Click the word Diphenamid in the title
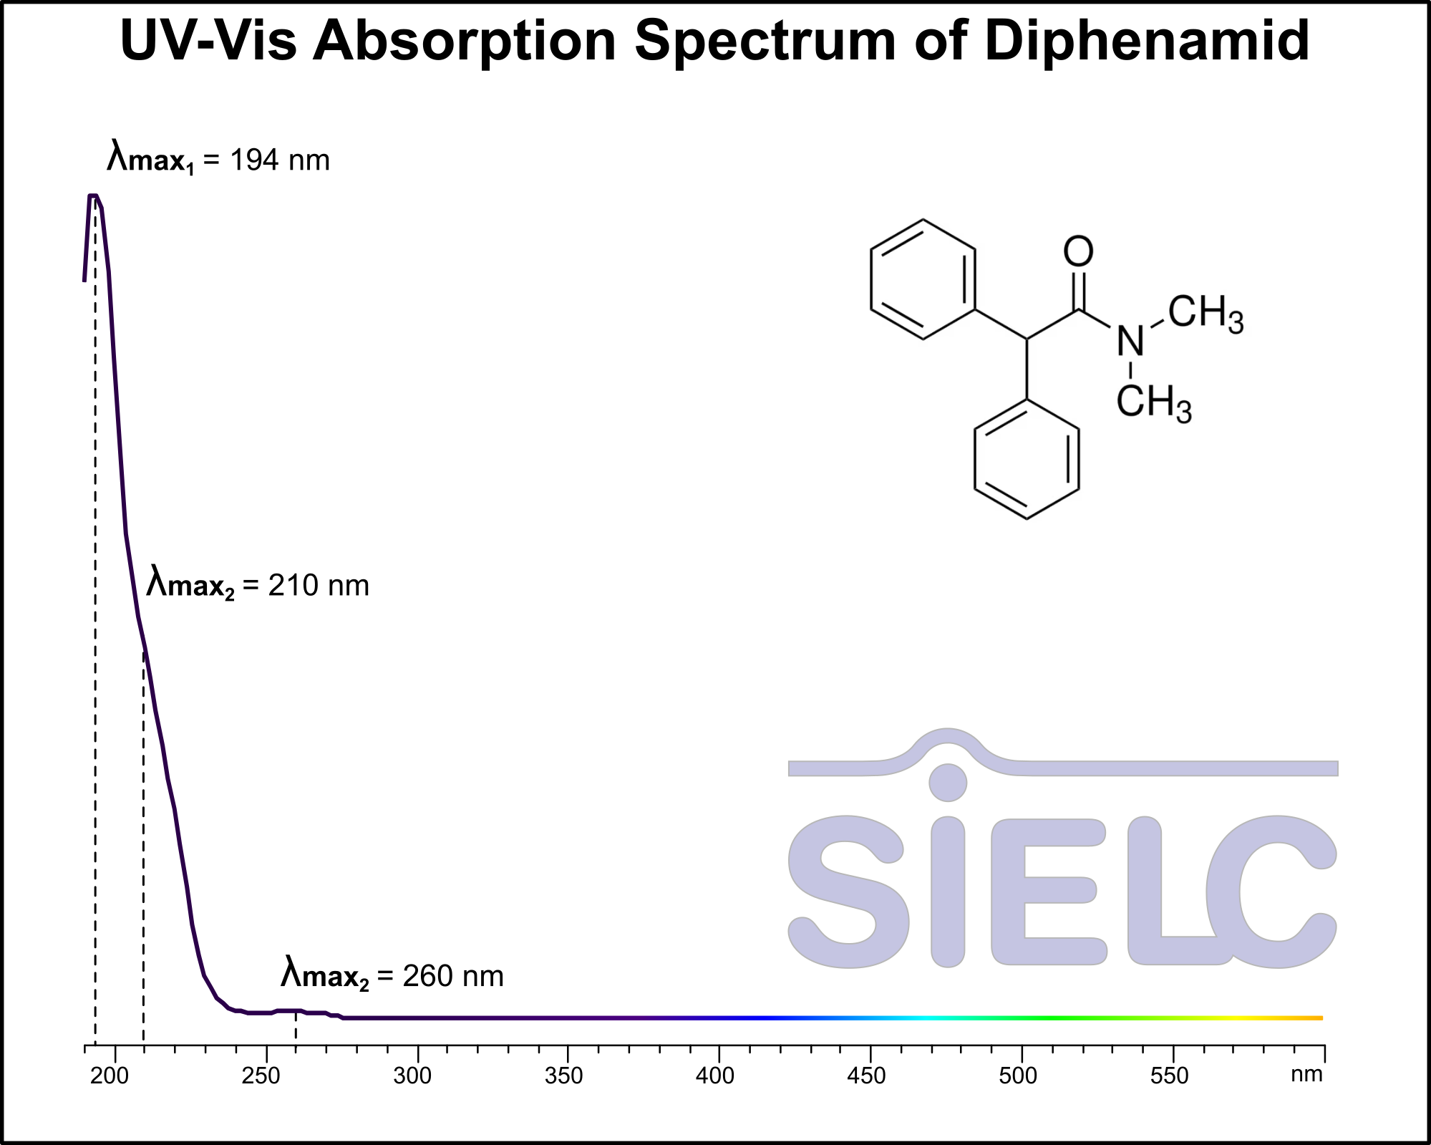[x=1147, y=40]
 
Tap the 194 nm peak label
[x=218, y=160]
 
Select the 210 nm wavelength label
[x=258, y=586]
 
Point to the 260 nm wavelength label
[x=392, y=976]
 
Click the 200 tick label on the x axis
[x=110, y=1076]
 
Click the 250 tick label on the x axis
[x=261, y=1076]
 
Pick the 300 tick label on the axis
[x=412, y=1076]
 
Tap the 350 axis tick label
[x=564, y=1076]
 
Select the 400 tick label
[x=715, y=1076]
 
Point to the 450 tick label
[x=866, y=1076]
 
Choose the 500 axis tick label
[x=1018, y=1076]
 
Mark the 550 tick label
[x=1169, y=1076]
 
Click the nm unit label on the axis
[x=1306, y=1074]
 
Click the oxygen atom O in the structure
[x=1078, y=251]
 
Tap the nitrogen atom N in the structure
[x=1130, y=342]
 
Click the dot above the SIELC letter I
[x=948, y=783]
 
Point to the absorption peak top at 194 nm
[x=93, y=195]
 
